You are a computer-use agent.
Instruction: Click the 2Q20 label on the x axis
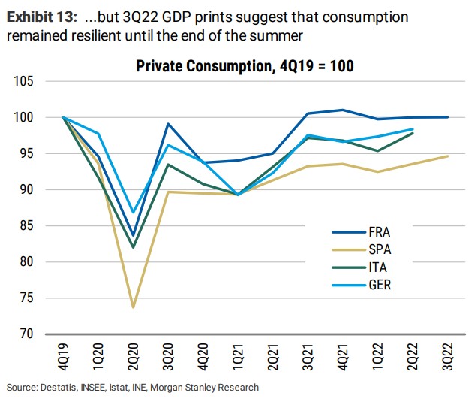click(x=134, y=355)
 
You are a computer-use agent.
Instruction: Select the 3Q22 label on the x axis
click(x=448, y=355)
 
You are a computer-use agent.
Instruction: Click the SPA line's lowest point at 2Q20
click(x=133, y=307)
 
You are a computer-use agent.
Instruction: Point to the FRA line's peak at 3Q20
click(x=168, y=124)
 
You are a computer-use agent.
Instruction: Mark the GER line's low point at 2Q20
click(x=133, y=212)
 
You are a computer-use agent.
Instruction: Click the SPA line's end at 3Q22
click(x=448, y=156)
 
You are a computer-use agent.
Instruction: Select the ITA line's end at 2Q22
click(x=413, y=133)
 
